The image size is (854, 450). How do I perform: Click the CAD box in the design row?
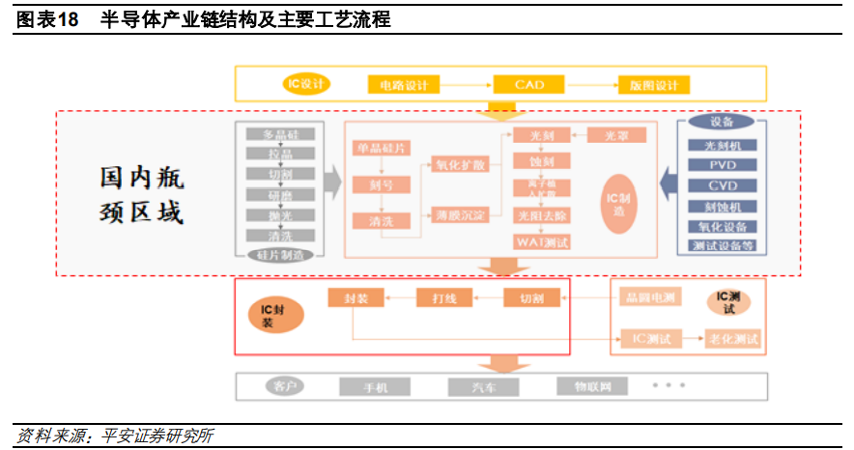528,85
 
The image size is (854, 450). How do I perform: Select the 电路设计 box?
403,85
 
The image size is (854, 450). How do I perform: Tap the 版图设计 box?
654,85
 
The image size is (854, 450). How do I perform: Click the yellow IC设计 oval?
306,84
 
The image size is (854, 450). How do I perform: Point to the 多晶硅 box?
280,134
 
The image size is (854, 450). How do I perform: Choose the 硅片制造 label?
280,256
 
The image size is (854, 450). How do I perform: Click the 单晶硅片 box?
381,149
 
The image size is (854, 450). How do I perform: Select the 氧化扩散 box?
460,164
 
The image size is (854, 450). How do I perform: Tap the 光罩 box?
616,136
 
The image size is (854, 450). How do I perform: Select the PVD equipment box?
722,165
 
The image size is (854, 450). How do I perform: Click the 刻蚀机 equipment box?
722,206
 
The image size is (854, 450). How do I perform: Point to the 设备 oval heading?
722,122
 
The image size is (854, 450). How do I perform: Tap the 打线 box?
443,299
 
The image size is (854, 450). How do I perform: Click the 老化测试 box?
733,339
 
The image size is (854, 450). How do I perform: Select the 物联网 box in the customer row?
591,387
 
